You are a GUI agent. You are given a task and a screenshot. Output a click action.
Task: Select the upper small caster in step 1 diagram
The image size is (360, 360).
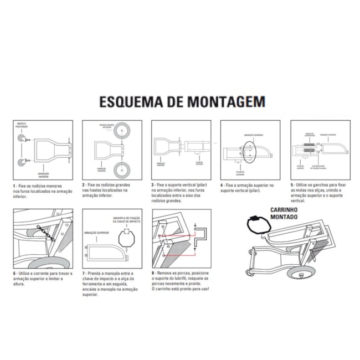tap(22, 139)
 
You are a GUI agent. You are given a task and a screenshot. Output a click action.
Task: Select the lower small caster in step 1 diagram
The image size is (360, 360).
tap(22, 162)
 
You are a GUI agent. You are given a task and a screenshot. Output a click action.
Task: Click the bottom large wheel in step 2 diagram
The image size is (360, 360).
tap(121, 169)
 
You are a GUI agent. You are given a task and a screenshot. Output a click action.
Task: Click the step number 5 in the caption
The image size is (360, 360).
tap(292, 186)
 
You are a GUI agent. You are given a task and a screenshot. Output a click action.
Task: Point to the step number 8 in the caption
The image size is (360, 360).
tap(153, 272)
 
